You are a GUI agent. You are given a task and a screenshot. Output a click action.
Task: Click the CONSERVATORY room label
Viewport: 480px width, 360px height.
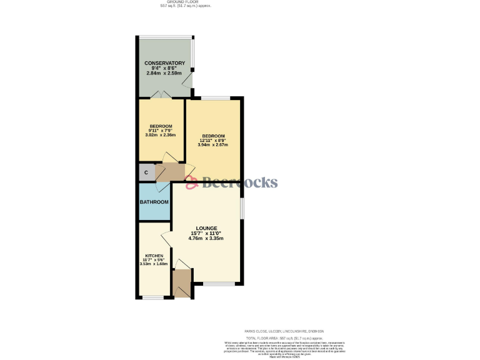[x=164, y=63]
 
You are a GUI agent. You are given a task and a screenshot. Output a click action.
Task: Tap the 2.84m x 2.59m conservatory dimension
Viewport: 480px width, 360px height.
[x=164, y=72]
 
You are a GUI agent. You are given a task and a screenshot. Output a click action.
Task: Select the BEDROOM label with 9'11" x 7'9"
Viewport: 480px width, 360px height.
[x=161, y=126]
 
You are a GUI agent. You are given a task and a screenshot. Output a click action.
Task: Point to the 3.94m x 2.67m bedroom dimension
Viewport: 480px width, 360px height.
[x=212, y=144]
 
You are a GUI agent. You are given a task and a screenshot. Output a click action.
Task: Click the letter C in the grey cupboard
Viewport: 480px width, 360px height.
[x=146, y=172]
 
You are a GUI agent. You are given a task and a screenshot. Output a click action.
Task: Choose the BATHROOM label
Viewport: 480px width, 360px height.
[x=154, y=202]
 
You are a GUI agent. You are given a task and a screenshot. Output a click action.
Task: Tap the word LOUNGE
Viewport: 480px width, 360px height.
[x=206, y=228]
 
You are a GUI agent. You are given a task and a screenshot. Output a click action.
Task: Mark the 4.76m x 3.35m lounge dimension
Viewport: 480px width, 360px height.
[x=207, y=238]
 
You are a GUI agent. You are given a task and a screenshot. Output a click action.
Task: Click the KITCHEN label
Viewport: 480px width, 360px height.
[x=154, y=256]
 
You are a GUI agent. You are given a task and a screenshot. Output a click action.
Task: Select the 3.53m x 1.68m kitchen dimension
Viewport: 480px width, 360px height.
[x=154, y=264]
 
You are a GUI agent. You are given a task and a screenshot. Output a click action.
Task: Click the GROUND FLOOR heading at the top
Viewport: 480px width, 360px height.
[x=186, y=2]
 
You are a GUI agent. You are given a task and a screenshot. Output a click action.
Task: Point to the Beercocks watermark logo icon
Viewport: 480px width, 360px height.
[x=192, y=182]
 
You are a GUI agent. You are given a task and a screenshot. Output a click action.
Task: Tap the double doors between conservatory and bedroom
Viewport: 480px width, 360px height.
[x=161, y=96]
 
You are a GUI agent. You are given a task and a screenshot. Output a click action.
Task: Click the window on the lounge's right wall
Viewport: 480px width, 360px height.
[x=242, y=210]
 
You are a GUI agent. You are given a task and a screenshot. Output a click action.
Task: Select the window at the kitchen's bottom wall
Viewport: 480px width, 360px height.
[x=153, y=297]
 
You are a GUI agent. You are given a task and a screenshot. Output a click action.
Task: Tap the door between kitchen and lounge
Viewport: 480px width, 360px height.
[x=166, y=238]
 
